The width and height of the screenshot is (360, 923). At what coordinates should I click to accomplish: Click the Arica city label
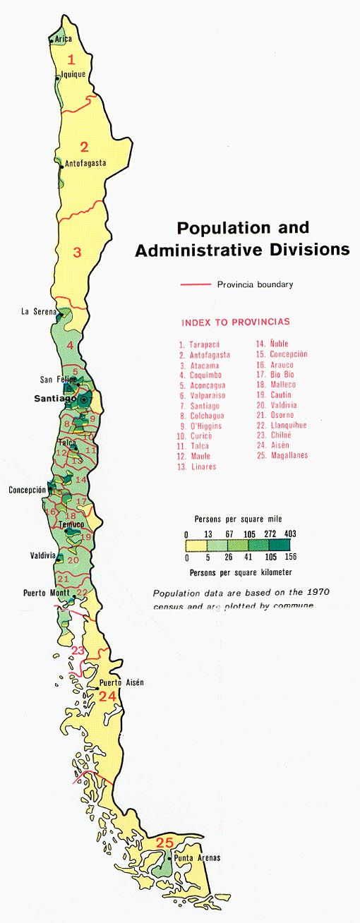pyautogui.click(x=63, y=40)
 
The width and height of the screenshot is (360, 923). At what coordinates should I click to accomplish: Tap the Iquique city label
pyautogui.click(x=73, y=73)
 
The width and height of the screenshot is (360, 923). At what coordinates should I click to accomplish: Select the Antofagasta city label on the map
pyautogui.click(x=85, y=163)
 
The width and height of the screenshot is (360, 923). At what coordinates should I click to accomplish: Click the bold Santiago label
pyautogui.click(x=55, y=399)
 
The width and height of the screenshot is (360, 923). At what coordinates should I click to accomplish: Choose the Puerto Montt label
pyautogui.click(x=46, y=593)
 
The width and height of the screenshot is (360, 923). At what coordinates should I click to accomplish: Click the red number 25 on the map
pyautogui.click(x=164, y=842)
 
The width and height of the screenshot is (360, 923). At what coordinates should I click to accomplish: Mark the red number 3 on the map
pyautogui.click(x=78, y=251)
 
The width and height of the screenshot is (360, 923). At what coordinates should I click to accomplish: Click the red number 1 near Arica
pyautogui.click(x=71, y=59)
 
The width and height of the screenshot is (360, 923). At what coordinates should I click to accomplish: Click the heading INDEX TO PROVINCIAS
pyautogui.click(x=236, y=322)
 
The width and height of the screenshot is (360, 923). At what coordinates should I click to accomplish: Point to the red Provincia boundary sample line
pyautogui.click(x=196, y=285)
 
